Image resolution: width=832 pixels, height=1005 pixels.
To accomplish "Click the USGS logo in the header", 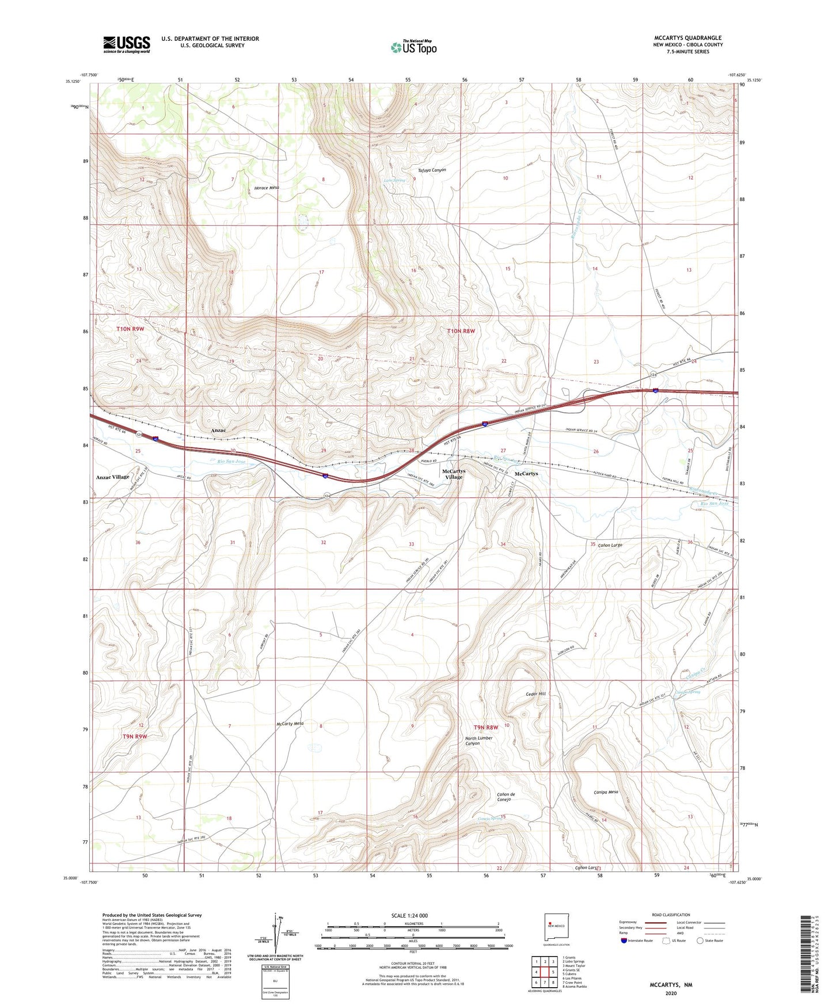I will (x=126, y=44).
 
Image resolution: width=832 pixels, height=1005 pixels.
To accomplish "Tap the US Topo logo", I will (x=413, y=47).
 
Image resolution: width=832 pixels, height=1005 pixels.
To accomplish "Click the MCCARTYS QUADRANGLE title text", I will (x=687, y=37).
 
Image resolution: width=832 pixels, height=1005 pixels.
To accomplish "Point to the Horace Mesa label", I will (x=266, y=188).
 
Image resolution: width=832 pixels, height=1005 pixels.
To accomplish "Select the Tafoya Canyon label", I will (x=431, y=170).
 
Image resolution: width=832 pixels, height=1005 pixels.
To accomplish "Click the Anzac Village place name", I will (x=112, y=477).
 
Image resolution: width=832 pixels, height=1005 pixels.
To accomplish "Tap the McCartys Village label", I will (x=453, y=474).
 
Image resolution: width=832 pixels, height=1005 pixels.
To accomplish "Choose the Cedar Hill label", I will (x=535, y=694).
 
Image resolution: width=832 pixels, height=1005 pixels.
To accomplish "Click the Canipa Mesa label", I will (x=605, y=792).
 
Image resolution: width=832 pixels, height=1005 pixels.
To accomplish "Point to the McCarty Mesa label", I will (x=290, y=724).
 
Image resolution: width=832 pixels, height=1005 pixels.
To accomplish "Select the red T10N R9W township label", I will (x=131, y=329).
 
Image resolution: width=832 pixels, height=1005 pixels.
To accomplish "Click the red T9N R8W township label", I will (x=485, y=727).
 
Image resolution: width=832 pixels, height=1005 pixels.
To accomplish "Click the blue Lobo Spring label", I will (x=394, y=180).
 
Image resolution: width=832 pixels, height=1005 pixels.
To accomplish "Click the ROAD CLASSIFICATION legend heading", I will (x=671, y=915).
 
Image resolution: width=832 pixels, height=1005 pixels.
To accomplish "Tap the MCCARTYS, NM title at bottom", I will (x=671, y=985).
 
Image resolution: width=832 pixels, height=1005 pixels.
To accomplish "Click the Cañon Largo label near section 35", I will (x=610, y=545).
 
